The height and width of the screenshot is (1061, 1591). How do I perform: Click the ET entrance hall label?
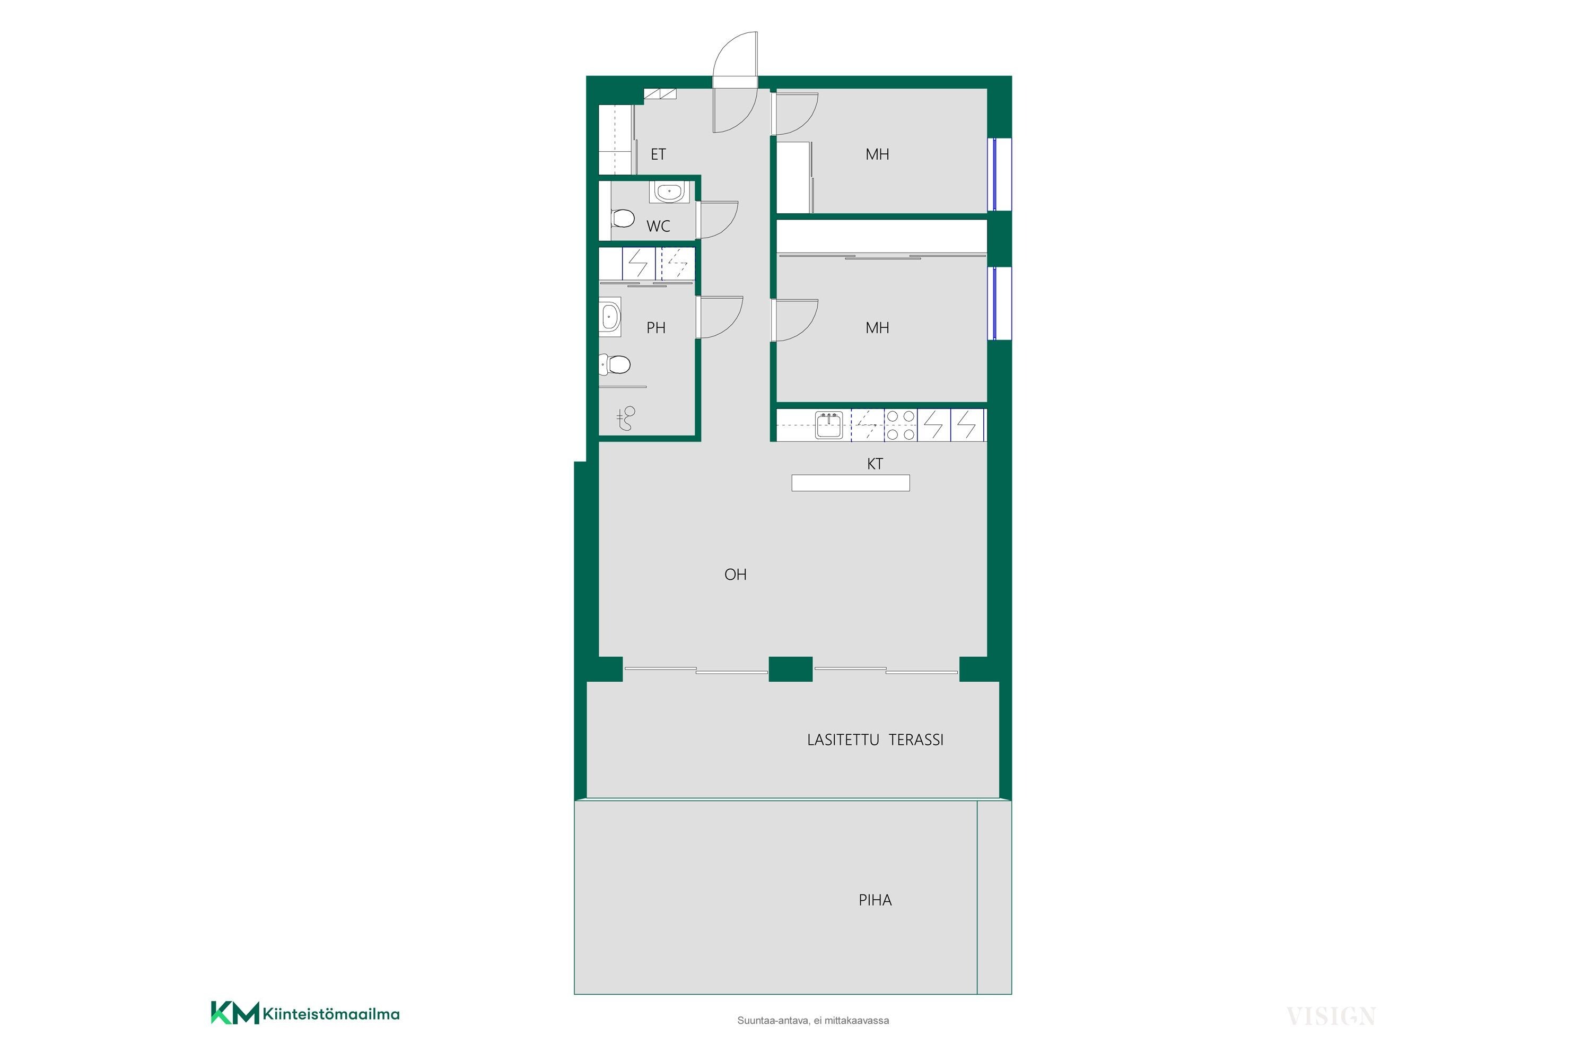(x=658, y=154)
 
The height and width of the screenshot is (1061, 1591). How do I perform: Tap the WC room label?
(x=658, y=226)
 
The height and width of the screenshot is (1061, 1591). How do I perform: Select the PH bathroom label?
(x=656, y=327)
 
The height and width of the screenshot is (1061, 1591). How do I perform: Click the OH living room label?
(x=735, y=575)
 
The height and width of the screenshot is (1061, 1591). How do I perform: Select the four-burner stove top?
(x=901, y=425)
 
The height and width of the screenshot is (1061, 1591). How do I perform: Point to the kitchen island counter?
(x=850, y=482)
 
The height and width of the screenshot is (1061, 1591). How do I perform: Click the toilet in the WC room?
(x=622, y=218)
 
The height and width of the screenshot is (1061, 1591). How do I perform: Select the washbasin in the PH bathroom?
(x=610, y=316)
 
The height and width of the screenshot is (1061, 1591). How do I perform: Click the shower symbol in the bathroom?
(x=626, y=418)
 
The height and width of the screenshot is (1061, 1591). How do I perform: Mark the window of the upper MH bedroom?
(x=999, y=174)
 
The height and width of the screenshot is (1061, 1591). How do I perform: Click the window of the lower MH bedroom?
(x=999, y=302)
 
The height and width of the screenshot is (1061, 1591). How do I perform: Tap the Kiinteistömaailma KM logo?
(x=305, y=1014)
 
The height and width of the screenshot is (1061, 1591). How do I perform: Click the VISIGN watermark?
(x=1331, y=1016)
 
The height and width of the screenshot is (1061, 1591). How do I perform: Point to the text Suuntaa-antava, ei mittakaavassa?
(x=813, y=1020)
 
